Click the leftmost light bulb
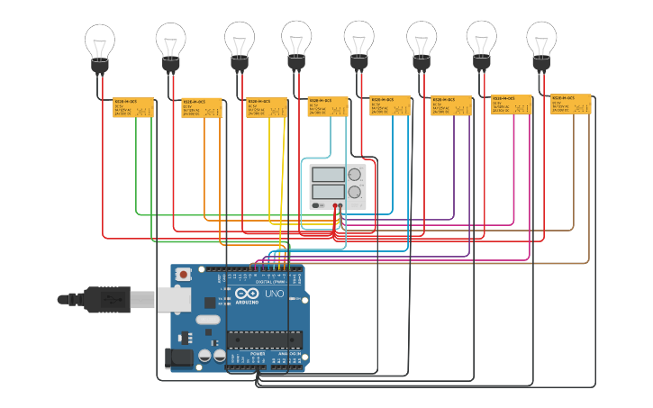(100, 45)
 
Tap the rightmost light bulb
(541, 43)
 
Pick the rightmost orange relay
(571, 104)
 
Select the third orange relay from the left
(267, 107)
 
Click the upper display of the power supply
(328, 175)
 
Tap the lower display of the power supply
(328, 191)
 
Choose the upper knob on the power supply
(355, 175)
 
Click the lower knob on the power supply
(355, 192)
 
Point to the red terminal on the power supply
(335, 205)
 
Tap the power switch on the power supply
(317, 205)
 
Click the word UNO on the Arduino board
(274, 295)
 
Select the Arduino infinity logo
(246, 295)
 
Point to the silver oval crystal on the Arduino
(207, 320)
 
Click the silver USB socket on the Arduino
(175, 298)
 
